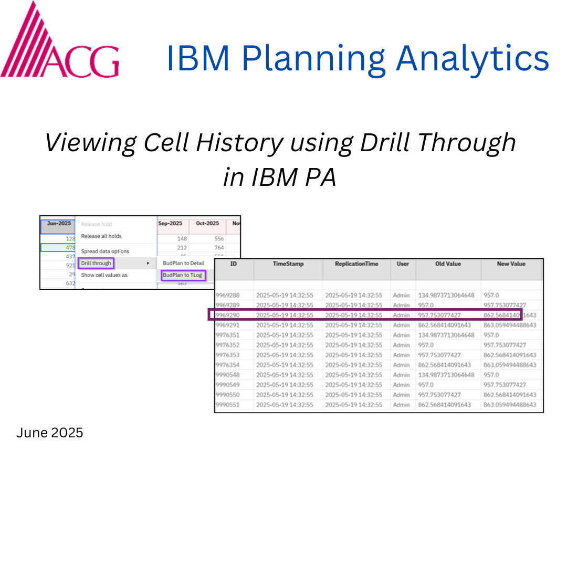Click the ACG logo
point(59,42)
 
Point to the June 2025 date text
point(49,433)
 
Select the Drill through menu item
point(96,263)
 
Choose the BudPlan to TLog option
point(182,275)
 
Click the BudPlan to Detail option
point(183,263)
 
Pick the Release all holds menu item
point(101,236)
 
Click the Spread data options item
point(105,251)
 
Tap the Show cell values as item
point(104,275)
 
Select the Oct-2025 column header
point(207,224)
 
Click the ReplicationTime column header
point(356,264)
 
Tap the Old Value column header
point(448,264)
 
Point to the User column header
point(403,264)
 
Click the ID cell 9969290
point(228,315)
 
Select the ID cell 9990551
point(228,405)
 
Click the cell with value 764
point(219,247)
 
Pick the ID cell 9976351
point(228,335)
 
